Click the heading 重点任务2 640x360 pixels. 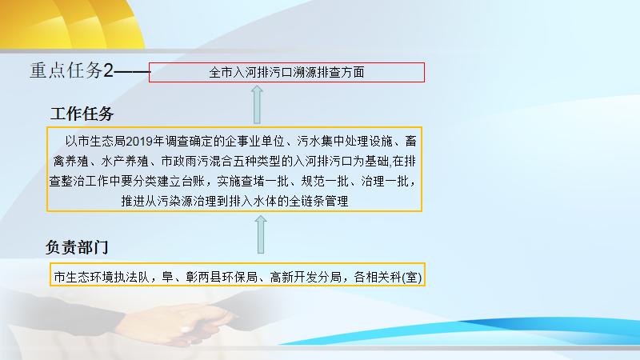(71, 70)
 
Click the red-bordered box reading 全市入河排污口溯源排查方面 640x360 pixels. (286, 72)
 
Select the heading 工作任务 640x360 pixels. (82, 114)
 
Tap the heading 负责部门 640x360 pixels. (77, 247)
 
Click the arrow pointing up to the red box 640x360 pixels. (257, 105)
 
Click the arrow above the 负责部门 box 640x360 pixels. (261, 234)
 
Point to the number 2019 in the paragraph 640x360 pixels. (138, 142)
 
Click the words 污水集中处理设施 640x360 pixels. (345, 142)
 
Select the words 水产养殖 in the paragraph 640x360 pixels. (125, 162)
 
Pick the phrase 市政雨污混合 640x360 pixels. (197, 162)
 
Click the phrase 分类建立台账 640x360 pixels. (169, 182)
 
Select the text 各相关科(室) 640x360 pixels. (388, 277)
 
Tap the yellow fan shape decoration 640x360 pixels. (71, 24)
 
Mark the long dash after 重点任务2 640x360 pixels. (132, 72)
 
